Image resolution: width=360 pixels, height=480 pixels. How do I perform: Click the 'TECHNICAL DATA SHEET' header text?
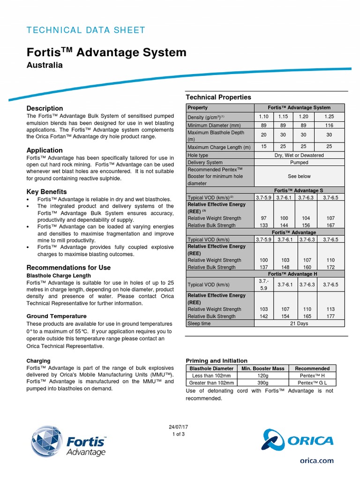(x=86, y=30)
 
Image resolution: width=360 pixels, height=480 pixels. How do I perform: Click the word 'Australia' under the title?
(x=45, y=65)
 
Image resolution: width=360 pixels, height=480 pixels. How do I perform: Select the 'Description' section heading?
(x=45, y=108)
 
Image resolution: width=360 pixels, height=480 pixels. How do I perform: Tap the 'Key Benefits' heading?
(x=46, y=192)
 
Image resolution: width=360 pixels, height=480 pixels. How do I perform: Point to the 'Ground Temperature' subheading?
(x=56, y=316)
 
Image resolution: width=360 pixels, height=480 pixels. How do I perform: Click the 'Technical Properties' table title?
(x=218, y=97)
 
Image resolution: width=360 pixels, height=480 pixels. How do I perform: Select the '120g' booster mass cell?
(x=262, y=376)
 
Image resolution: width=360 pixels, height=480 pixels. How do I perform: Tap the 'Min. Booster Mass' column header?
(x=262, y=368)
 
